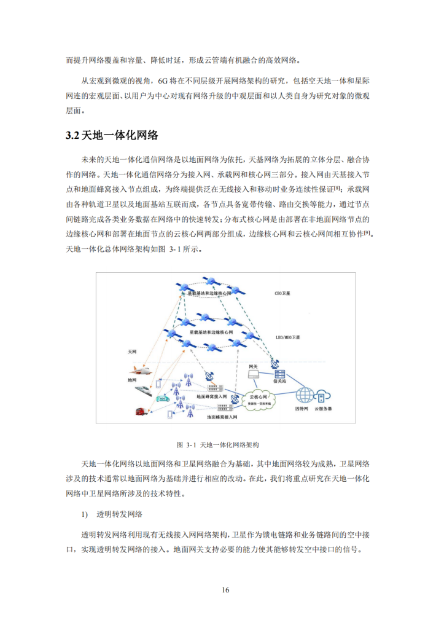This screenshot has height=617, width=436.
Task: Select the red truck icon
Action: [139, 412]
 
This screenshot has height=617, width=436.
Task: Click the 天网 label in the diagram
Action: [131, 352]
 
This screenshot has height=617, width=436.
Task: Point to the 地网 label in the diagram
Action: [131, 380]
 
